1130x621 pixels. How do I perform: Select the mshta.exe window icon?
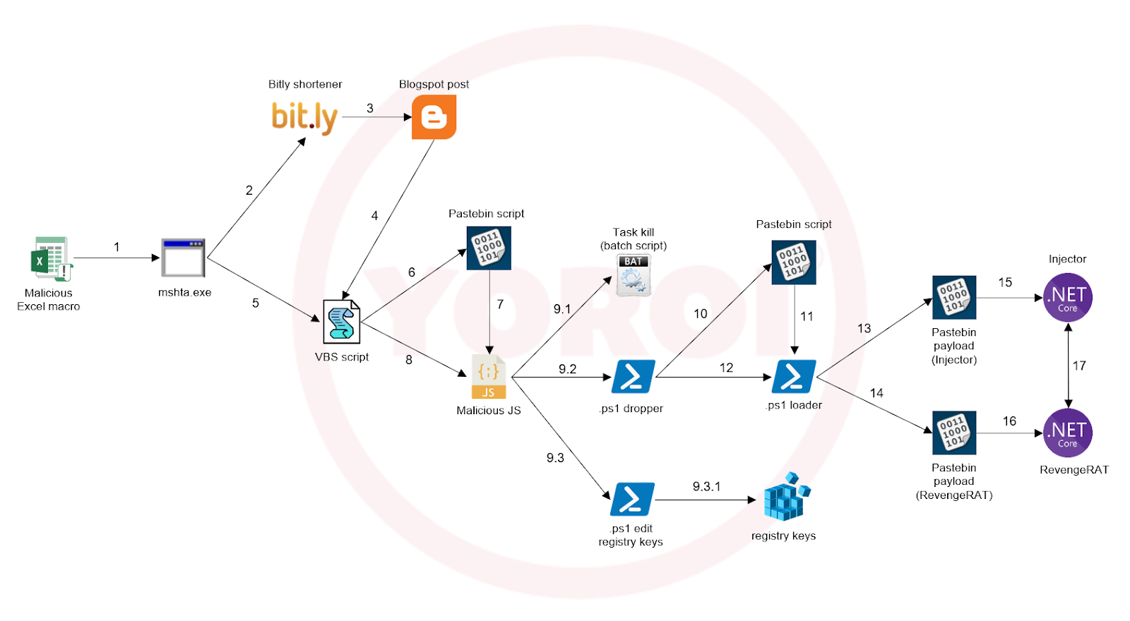[183, 258]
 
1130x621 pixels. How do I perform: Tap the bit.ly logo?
[304, 117]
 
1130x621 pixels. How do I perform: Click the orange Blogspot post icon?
[434, 117]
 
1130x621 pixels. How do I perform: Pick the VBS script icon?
[341, 322]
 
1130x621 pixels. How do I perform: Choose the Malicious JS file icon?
[489, 377]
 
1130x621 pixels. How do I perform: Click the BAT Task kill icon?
[634, 275]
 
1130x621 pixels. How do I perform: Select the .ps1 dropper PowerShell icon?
[633, 376]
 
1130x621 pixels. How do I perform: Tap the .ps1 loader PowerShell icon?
[794, 376]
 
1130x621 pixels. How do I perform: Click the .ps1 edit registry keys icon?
[632, 499]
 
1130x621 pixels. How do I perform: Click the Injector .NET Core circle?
[1067, 298]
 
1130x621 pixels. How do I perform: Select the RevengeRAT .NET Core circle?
[1067, 433]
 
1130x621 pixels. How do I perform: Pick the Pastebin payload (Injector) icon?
[954, 297]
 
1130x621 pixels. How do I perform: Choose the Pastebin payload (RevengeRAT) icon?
[954, 433]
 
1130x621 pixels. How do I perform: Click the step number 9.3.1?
[706, 486]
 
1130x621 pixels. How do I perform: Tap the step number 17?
[1079, 366]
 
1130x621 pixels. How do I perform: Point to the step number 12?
[726, 368]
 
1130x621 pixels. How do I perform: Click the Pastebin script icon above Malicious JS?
[489, 248]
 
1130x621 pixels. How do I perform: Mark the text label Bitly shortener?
[305, 84]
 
